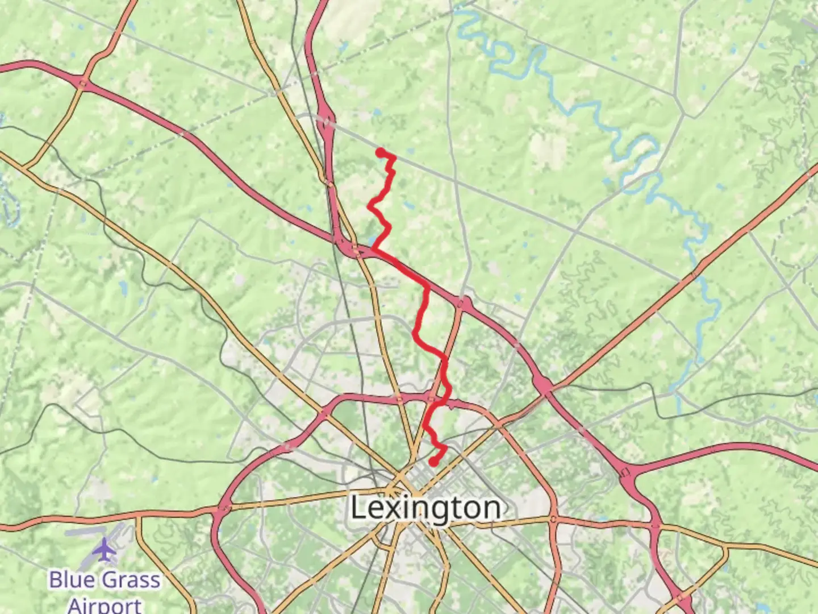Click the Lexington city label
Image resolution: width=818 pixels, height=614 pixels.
pyautogui.click(x=425, y=508)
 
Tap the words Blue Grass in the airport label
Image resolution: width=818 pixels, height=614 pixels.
pyautogui.click(x=105, y=580)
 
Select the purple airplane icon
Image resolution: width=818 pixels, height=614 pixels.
pyautogui.click(x=104, y=550)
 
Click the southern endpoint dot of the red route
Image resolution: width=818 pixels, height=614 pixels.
pyautogui.click(x=433, y=462)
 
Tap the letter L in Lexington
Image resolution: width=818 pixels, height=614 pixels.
pyautogui.click(x=358, y=508)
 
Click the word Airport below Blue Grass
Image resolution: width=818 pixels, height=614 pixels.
pyautogui.click(x=105, y=604)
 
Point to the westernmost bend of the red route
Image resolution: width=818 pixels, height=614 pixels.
pyautogui.click(x=370, y=208)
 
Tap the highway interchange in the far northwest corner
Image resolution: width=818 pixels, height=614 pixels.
pyautogui.click(x=83, y=83)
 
